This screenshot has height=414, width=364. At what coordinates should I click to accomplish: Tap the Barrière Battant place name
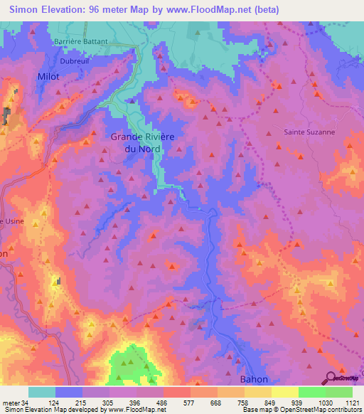tap(81, 41)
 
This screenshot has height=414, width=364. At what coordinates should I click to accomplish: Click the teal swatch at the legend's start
tap(41, 392)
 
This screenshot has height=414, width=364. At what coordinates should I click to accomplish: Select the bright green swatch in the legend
tap(312, 392)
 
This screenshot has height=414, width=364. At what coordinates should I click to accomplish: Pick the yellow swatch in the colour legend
tap(284, 392)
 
